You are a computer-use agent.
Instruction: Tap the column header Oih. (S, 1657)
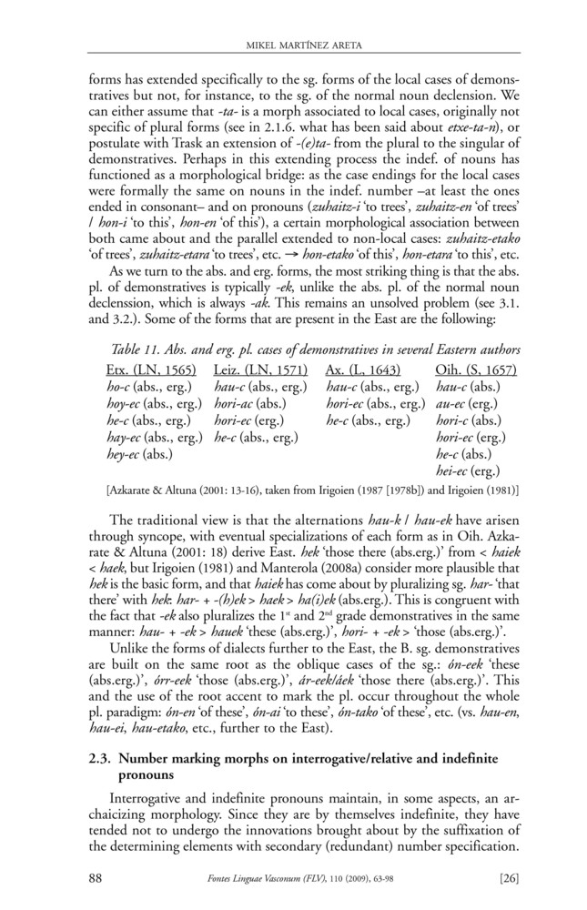click(476, 371)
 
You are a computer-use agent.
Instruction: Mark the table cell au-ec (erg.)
click(471, 404)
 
